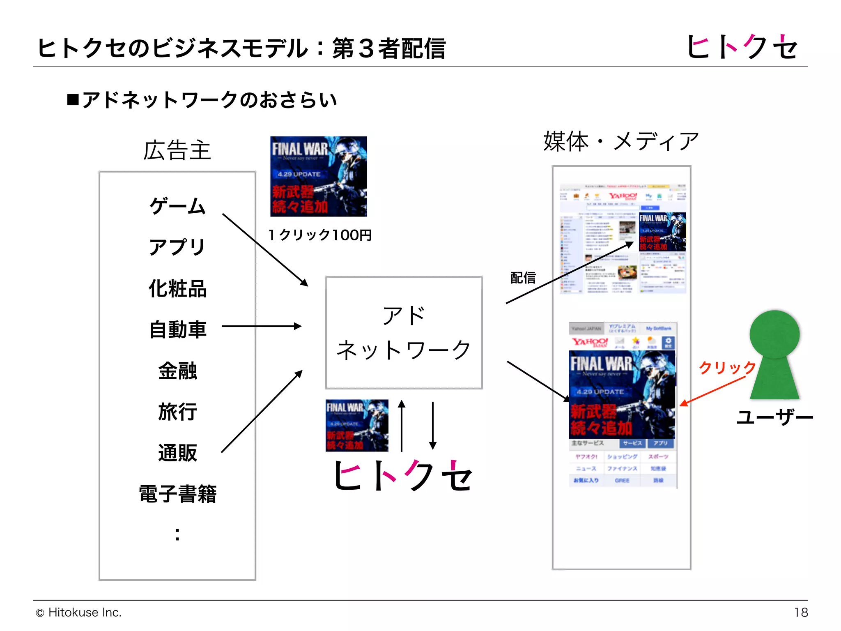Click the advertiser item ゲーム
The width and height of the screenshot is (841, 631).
click(177, 206)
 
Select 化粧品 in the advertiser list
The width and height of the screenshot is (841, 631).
click(177, 288)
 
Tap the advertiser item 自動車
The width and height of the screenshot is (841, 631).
click(177, 329)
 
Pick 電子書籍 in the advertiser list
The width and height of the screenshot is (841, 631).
click(177, 494)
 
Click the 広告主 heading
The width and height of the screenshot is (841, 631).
click(177, 150)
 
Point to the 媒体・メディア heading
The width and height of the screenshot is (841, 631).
click(621, 141)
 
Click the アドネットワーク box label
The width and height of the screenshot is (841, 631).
click(404, 333)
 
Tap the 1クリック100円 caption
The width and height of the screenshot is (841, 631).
click(320, 235)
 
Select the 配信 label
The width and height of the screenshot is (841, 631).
click(523, 278)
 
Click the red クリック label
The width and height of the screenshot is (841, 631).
click(727, 367)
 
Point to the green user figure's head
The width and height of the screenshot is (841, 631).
click(774, 334)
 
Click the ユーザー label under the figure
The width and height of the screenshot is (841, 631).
click(774, 417)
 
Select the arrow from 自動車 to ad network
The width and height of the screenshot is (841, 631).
click(262, 326)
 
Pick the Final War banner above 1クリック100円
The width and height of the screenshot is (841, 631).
click(319, 177)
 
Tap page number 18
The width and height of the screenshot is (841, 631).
click(801, 613)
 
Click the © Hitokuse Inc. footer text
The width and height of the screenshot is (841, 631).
click(79, 613)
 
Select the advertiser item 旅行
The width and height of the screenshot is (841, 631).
click(177, 412)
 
